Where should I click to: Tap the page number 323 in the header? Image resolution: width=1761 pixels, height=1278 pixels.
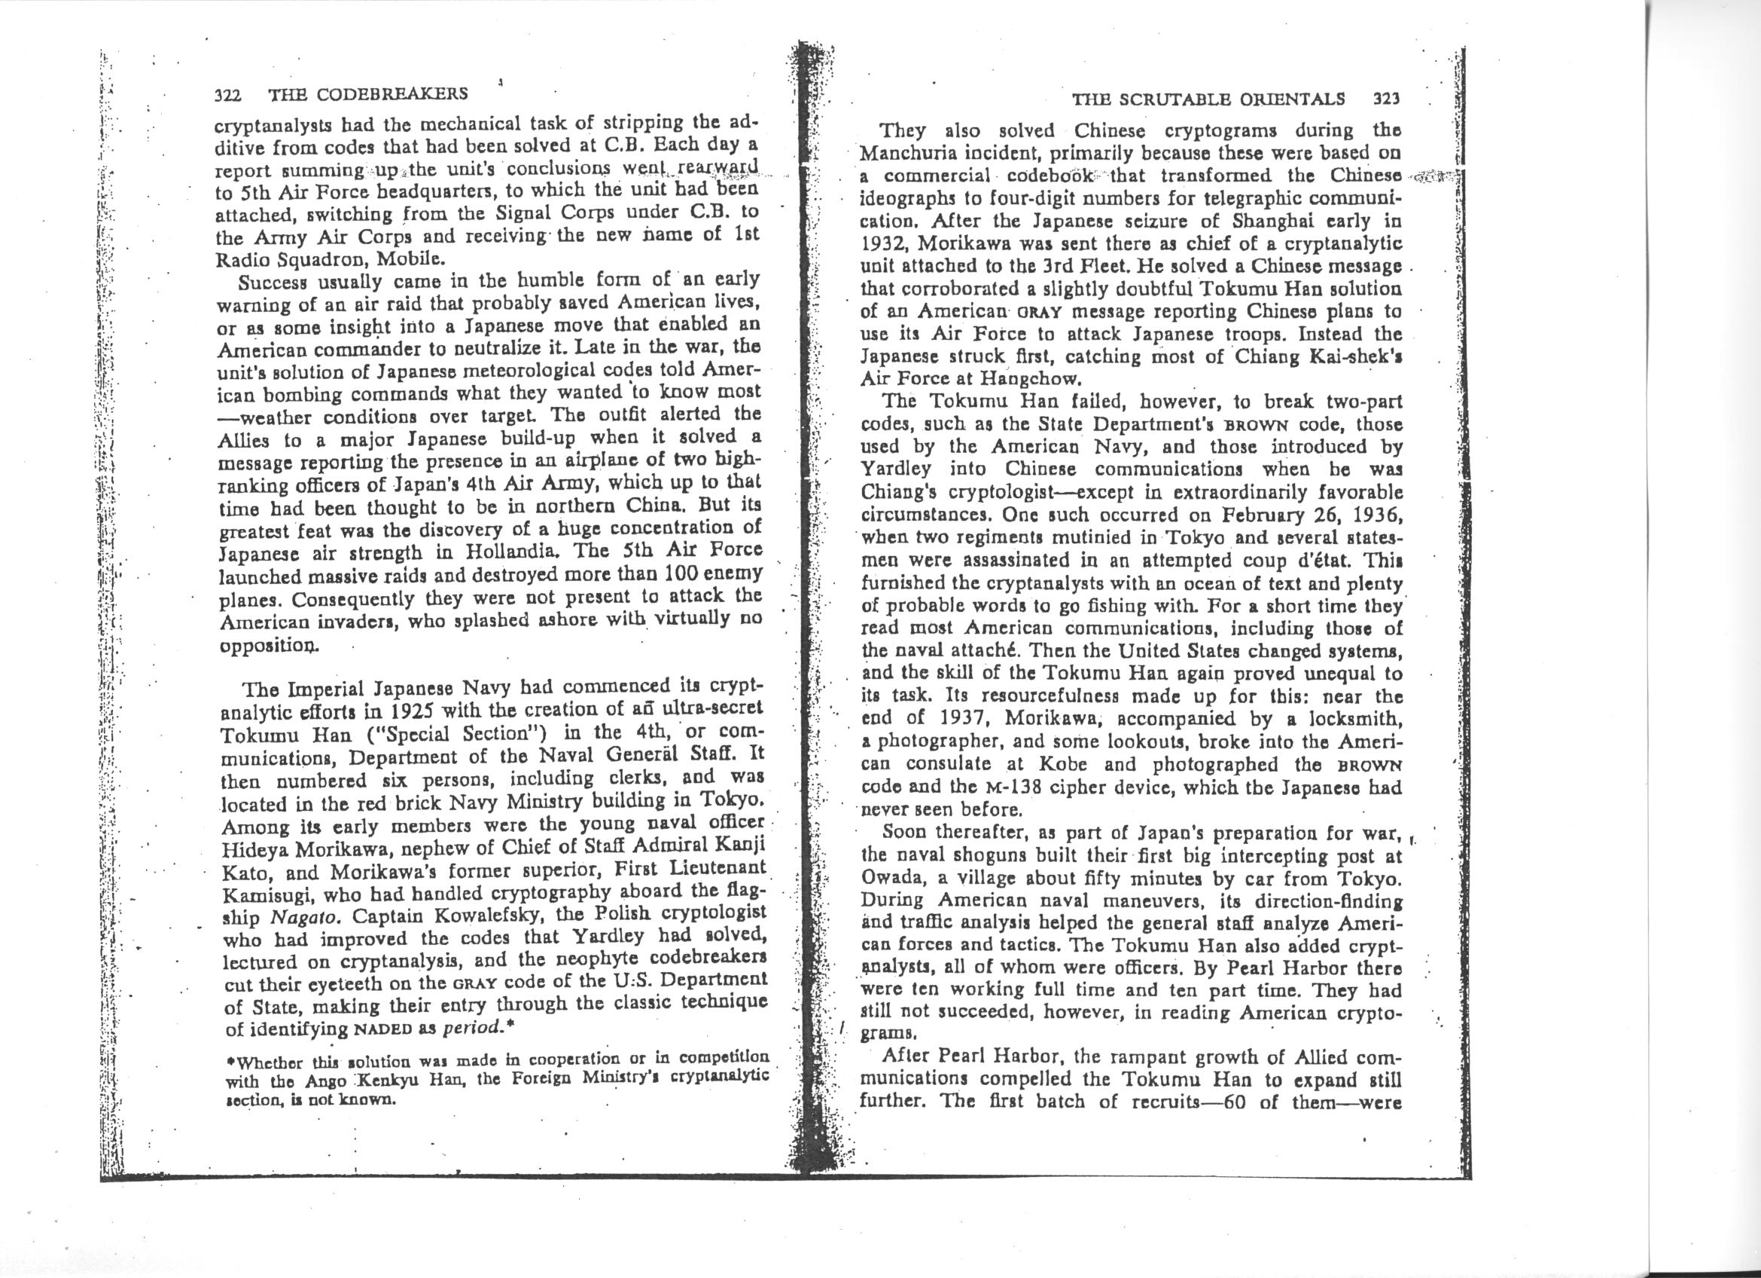1386,99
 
